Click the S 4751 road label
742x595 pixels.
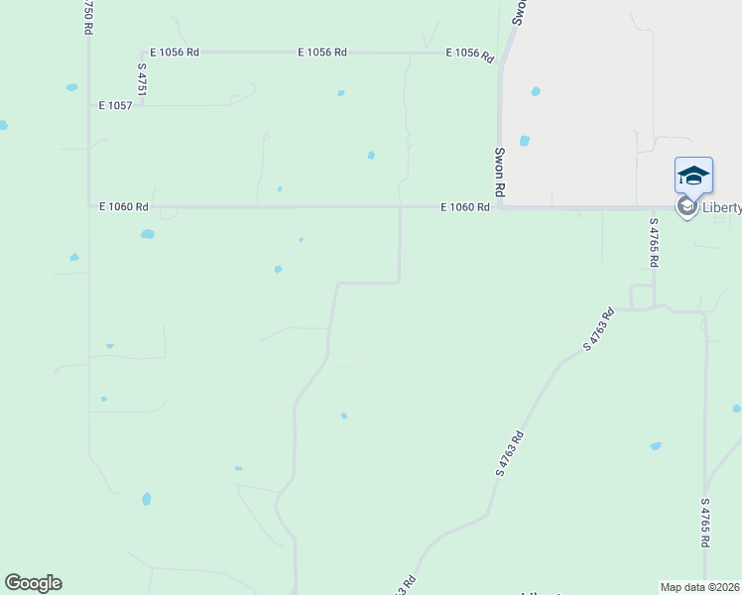[x=143, y=79]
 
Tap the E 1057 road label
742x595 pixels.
[x=115, y=104]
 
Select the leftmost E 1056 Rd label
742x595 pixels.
[x=175, y=52]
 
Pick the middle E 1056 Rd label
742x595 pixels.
[x=322, y=52]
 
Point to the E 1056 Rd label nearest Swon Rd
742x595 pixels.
[x=470, y=54]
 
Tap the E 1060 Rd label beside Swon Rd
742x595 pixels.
[x=466, y=207]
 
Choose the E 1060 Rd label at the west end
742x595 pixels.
[x=124, y=207]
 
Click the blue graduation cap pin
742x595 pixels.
[x=693, y=177]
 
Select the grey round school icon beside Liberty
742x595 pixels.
[x=685, y=207]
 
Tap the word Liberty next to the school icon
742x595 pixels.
[x=721, y=207]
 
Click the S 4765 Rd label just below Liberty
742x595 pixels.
[x=654, y=243]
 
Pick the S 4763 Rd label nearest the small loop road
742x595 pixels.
[x=599, y=329]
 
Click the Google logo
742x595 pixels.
[x=33, y=583]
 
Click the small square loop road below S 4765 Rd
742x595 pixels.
[x=642, y=297]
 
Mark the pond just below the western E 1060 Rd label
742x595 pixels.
[x=148, y=235]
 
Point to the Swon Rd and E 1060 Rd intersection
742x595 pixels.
[x=501, y=207]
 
